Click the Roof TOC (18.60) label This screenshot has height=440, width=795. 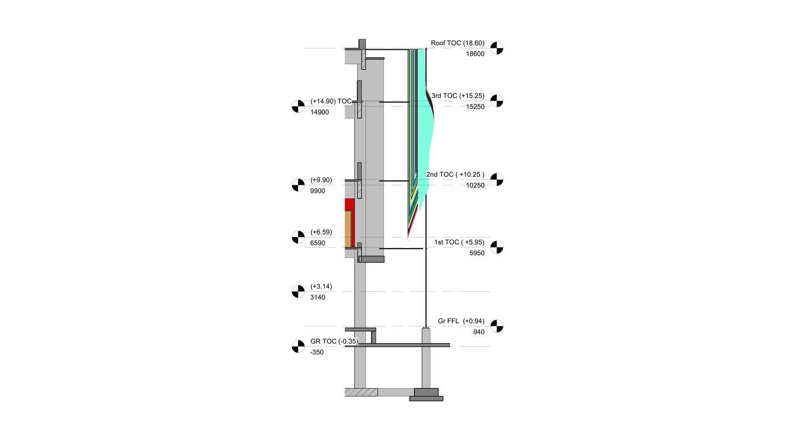click(457, 43)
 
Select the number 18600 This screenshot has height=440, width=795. click(475, 54)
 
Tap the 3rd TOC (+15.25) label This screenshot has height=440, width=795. click(458, 96)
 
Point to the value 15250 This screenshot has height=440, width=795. click(475, 107)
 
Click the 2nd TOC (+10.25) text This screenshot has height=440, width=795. click(455, 175)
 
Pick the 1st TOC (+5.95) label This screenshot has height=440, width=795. click(459, 243)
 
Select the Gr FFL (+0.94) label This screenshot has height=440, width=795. click(461, 321)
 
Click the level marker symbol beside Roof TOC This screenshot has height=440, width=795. click(497, 48)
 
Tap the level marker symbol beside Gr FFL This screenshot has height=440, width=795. click(497, 326)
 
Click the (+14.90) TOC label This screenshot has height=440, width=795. click(331, 101)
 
